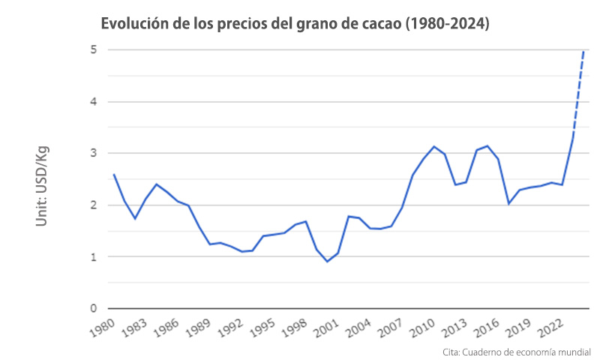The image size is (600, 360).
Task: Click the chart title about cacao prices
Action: (295, 24)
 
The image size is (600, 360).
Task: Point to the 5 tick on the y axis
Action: (94, 50)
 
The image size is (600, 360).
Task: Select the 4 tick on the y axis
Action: (94, 102)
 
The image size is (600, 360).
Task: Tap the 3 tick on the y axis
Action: (94, 154)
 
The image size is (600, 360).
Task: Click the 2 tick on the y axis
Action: (94, 205)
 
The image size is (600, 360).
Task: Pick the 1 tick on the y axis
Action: (94, 257)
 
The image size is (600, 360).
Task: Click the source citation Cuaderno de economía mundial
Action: (517, 351)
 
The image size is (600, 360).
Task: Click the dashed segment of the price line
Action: (579, 94)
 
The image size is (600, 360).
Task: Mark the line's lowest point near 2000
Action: (327, 261)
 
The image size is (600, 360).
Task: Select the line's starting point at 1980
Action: (113, 175)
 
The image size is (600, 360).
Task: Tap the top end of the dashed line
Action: (584, 51)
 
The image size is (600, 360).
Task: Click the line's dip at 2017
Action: (508, 203)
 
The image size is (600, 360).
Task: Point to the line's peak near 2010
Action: (433, 146)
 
